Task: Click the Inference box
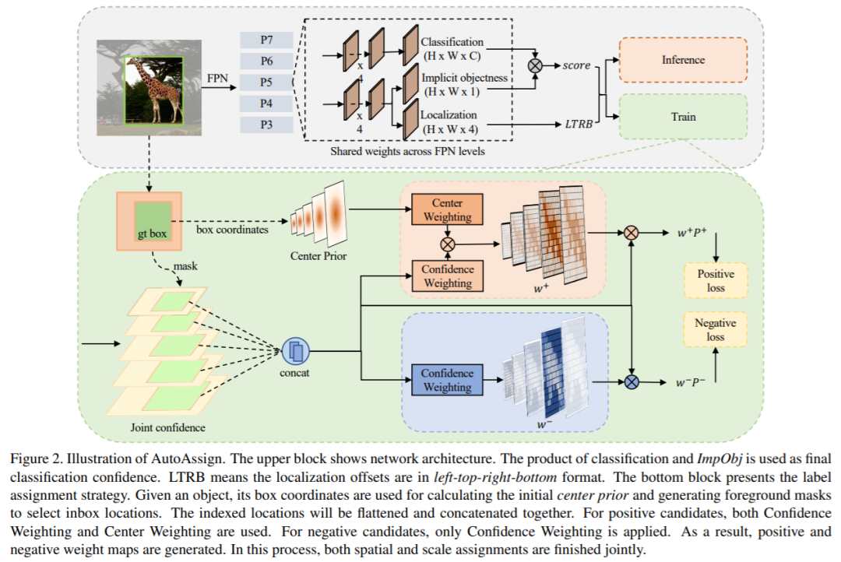click(682, 60)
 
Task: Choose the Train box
click(682, 117)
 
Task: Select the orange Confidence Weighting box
click(447, 276)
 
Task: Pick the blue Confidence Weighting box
click(447, 380)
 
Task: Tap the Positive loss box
click(716, 281)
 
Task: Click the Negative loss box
click(716, 330)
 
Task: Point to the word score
click(576, 66)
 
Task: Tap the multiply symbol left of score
click(536, 66)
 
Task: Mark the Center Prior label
click(318, 255)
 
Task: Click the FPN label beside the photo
click(217, 78)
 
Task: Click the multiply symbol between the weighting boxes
click(447, 243)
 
